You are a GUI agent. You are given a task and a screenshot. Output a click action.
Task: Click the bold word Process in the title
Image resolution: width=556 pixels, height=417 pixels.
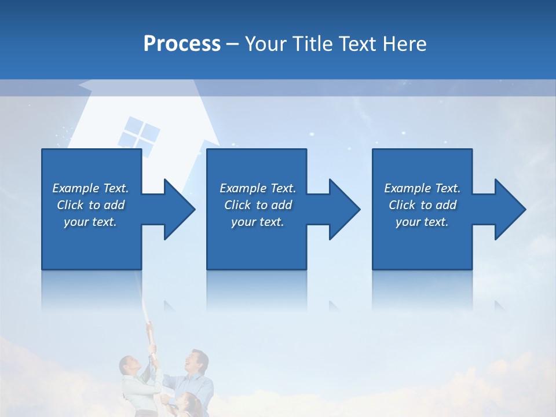(182, 44)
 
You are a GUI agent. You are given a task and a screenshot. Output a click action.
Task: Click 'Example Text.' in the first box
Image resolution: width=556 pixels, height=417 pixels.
(90, 188)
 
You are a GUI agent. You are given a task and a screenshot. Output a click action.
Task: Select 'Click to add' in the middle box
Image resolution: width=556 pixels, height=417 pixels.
(258, 205)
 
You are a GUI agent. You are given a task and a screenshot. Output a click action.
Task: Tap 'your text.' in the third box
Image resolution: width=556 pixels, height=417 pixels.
(422, 222)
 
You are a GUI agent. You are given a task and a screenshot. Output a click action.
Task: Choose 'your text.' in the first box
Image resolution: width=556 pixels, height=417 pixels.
(90, 222)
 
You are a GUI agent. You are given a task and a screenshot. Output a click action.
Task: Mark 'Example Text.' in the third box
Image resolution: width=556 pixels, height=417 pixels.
(422, 188)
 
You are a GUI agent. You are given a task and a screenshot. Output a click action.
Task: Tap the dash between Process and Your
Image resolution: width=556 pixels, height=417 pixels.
(232, 45)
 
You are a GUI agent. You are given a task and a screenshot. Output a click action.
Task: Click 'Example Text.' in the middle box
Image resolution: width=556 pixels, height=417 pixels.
(258, 188)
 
